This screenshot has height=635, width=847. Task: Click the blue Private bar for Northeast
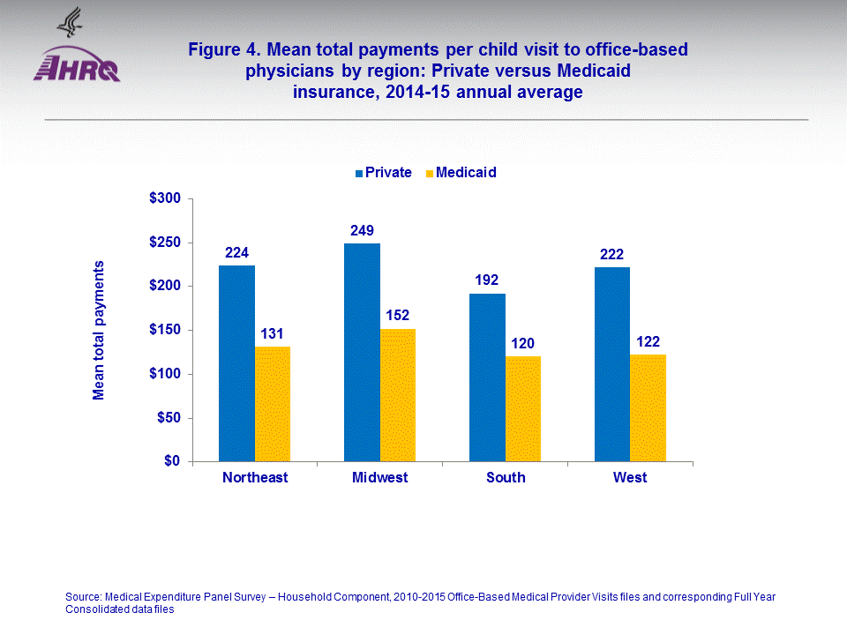(236, 363)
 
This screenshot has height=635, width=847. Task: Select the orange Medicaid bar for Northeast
(273, 404)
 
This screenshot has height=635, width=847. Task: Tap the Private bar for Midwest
(362, 353)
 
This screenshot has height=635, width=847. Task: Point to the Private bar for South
(487, 377)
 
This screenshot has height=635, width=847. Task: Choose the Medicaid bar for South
(523, 408)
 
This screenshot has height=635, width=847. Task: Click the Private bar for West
(612, 364)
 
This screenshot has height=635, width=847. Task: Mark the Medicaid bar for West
(648, 407)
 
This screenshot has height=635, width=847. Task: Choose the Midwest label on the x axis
(379, 478)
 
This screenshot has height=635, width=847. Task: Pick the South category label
(505, 478)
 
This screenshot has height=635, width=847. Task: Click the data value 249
(362, 231)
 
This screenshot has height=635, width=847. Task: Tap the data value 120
(523, 343)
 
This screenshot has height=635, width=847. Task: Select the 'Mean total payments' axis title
(99, 330)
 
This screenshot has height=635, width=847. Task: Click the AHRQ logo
(77, 63)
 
